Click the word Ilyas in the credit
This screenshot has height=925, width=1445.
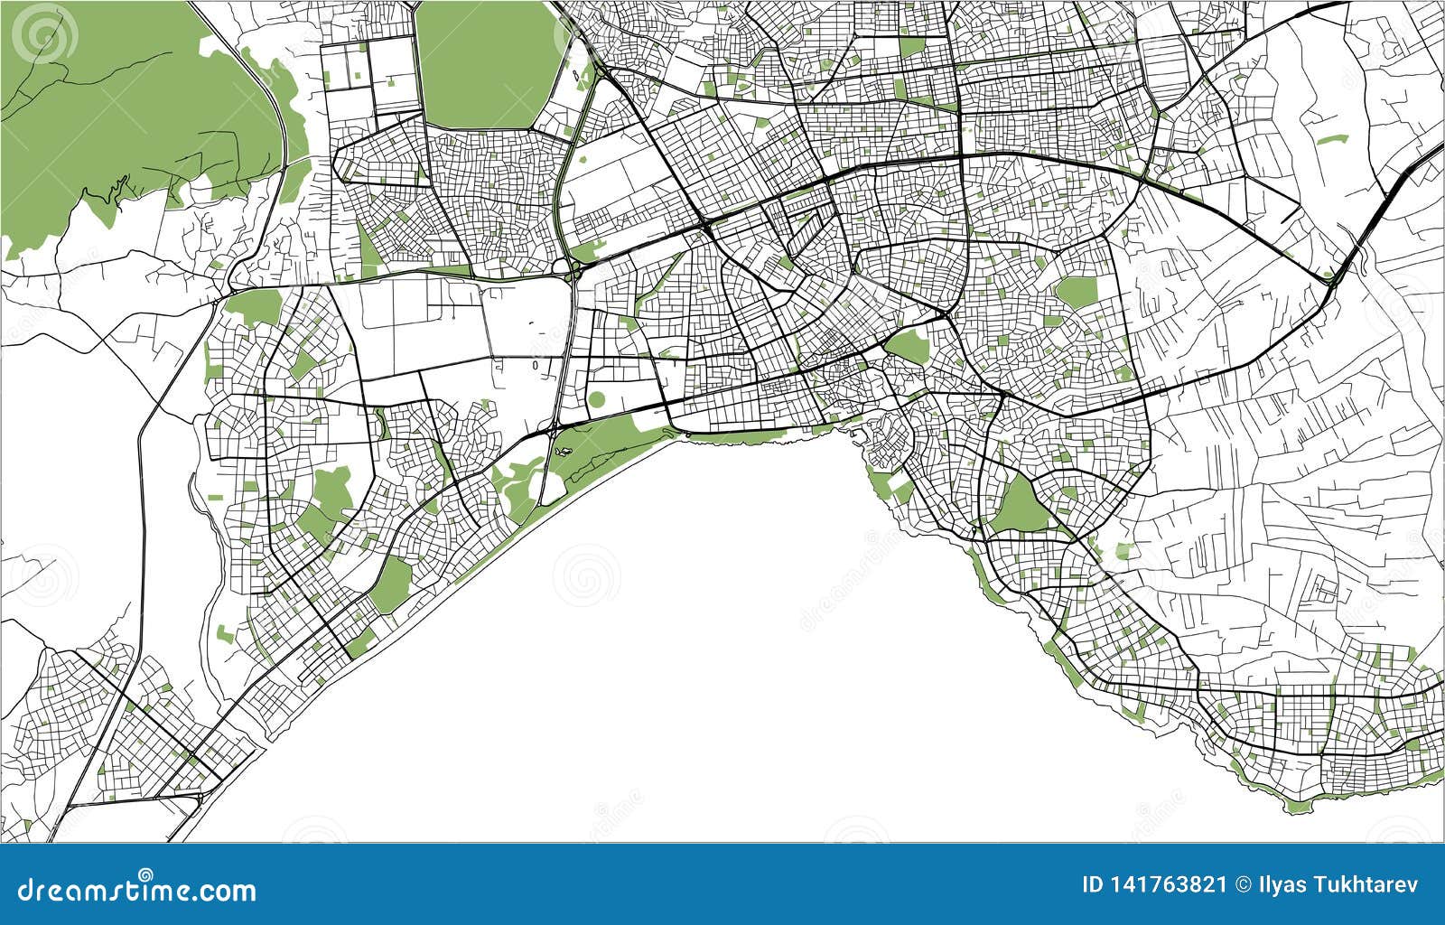coord(1281,884)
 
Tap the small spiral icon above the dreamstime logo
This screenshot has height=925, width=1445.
coord(145,873)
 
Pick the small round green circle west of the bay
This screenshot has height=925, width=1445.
coord(596,399)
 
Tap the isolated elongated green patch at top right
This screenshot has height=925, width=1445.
coord(1331,140)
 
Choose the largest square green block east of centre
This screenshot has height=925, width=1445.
coord(1076,292)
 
